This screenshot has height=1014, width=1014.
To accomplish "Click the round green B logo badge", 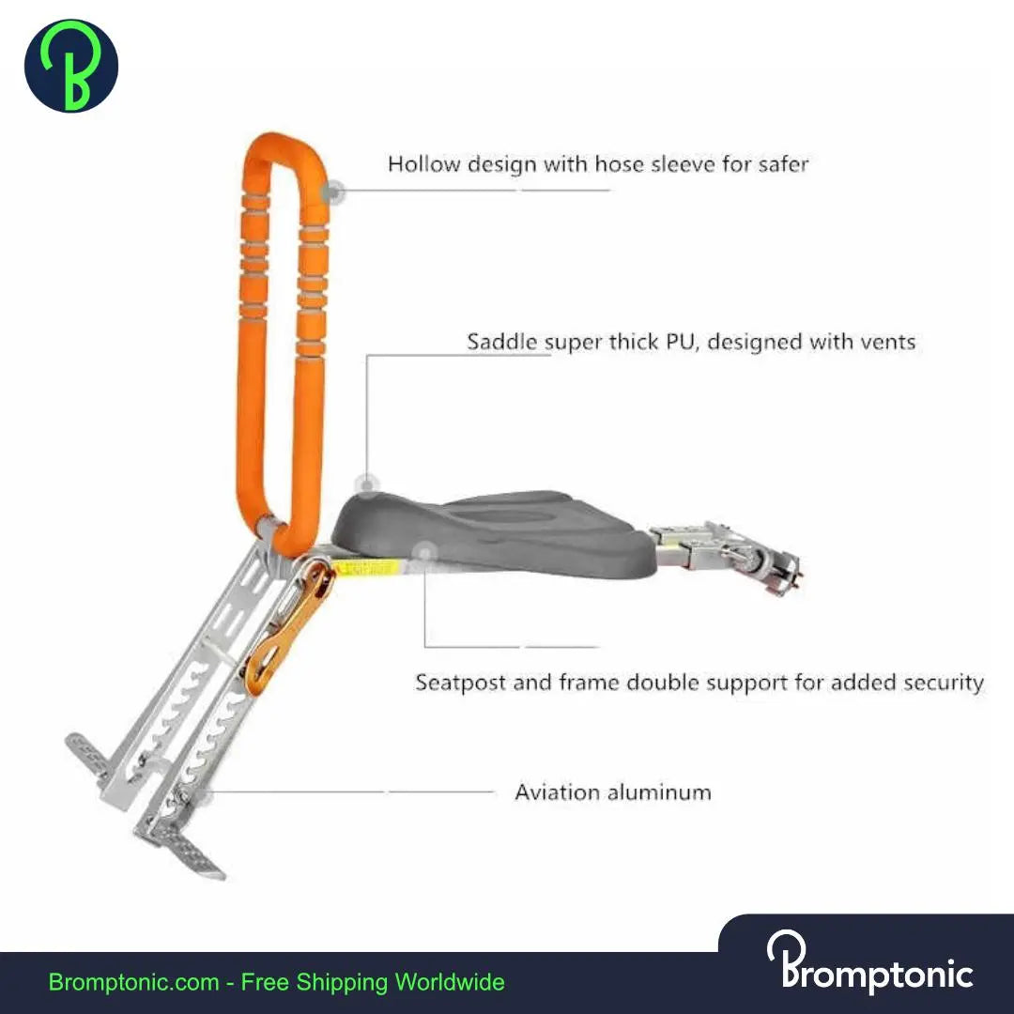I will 71,66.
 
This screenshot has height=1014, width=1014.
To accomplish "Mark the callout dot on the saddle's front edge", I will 369,484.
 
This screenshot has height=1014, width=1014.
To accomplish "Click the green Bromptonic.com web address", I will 134,983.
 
